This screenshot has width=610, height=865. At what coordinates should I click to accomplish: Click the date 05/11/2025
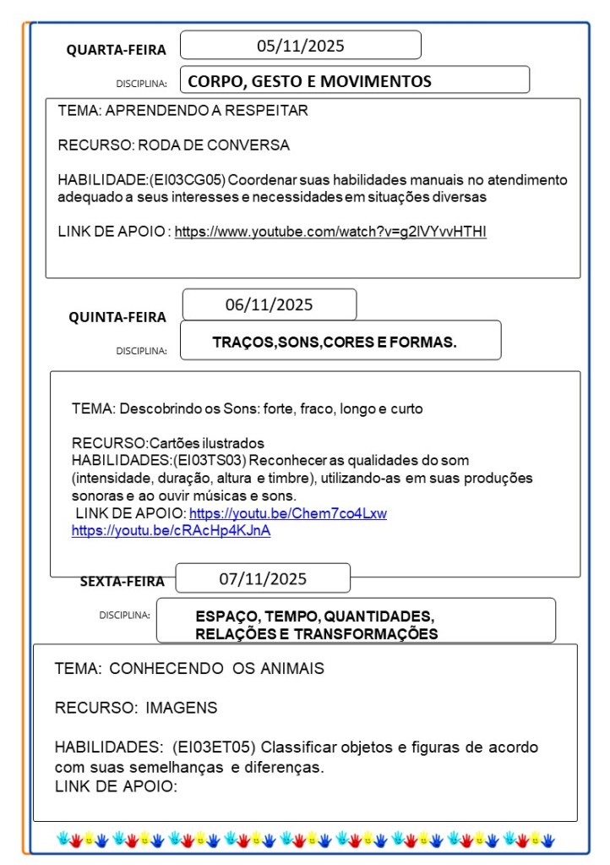300,46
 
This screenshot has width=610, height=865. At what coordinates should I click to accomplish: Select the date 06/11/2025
269,304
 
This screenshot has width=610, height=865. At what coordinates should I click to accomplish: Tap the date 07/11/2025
263,579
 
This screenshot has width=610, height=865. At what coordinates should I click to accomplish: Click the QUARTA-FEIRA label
117,50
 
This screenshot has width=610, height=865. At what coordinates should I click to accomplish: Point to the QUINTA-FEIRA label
117,317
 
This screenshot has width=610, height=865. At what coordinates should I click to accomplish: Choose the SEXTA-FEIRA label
123,581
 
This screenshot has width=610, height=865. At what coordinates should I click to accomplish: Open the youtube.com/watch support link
330,232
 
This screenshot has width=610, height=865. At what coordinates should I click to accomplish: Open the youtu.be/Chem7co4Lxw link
287,513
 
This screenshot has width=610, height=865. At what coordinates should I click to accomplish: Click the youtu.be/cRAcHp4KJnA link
171,530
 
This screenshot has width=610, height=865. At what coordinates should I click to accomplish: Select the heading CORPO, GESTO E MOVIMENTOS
309,81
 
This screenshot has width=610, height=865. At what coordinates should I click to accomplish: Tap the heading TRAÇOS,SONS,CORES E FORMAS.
335,342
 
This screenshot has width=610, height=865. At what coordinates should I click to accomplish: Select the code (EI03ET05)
214,747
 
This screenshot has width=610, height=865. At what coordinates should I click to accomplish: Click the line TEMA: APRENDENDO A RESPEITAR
182,111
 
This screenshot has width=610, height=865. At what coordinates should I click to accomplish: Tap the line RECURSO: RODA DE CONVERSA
173,145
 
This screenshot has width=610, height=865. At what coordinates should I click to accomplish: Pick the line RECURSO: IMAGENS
135,708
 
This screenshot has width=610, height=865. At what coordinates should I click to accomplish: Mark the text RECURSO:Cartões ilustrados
167,443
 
